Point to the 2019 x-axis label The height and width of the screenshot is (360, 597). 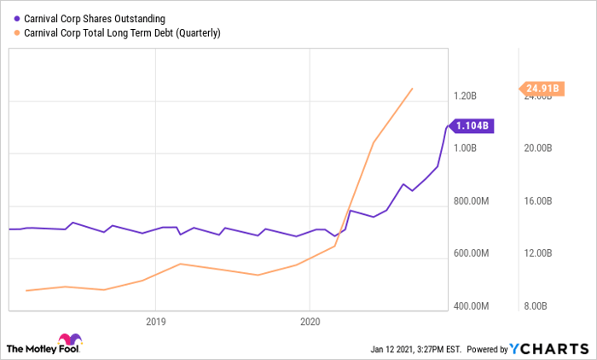[x=155, y=322]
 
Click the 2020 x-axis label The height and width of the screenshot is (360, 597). [x=310, y=322]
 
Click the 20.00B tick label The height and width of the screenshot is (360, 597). [x=541, y=148]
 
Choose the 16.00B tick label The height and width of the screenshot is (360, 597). [x=541, y=201]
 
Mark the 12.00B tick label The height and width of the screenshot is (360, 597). [x=541, y=253]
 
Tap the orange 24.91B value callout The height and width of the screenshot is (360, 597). [x=542, y=88]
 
